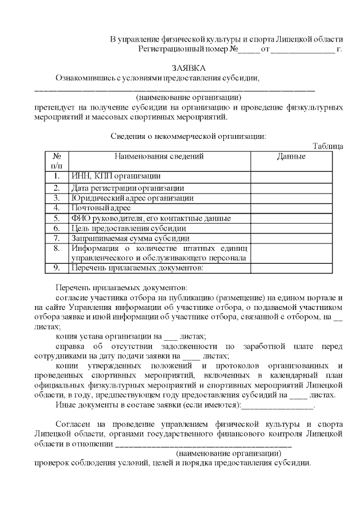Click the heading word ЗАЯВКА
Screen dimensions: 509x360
click(188, 67)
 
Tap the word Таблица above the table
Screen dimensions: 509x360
click(327, 146)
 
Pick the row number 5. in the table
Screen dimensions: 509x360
click(57, 218)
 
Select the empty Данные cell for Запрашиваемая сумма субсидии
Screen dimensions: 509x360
click(291, 238)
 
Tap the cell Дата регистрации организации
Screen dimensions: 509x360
click(128, 188)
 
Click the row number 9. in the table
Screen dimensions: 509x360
click(57, 268)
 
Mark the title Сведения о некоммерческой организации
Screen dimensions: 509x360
click(187, 136)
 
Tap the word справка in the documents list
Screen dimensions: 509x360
click(71, 346)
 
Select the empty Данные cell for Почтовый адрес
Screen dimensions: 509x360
click(291, 208)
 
